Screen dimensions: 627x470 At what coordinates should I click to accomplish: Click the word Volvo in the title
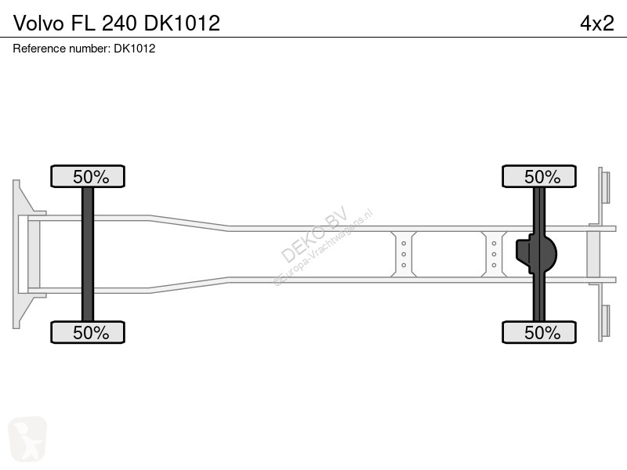(38, 23)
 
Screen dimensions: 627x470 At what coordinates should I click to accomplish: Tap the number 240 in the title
(120, 23)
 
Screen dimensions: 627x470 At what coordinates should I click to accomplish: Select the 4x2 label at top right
(597, 23)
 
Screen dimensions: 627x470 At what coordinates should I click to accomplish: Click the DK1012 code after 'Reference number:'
(135, 49)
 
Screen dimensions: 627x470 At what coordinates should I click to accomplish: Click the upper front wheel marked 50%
(88, 176)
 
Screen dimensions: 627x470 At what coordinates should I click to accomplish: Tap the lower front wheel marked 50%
(88, 332)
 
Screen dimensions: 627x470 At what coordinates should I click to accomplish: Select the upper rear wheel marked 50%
(539, 176)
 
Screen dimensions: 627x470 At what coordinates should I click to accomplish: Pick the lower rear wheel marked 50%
(539, 332)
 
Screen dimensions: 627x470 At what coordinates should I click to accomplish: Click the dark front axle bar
(88, 254)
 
